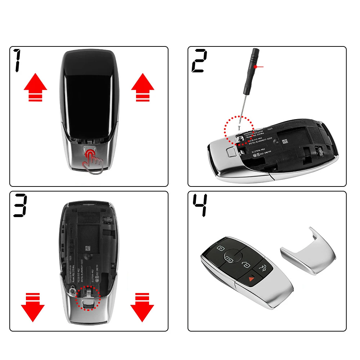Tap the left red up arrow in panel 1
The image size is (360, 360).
[x=35, y=87]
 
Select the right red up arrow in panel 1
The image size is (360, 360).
[x=143, y=87]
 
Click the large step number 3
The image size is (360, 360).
[x=21, y=205]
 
